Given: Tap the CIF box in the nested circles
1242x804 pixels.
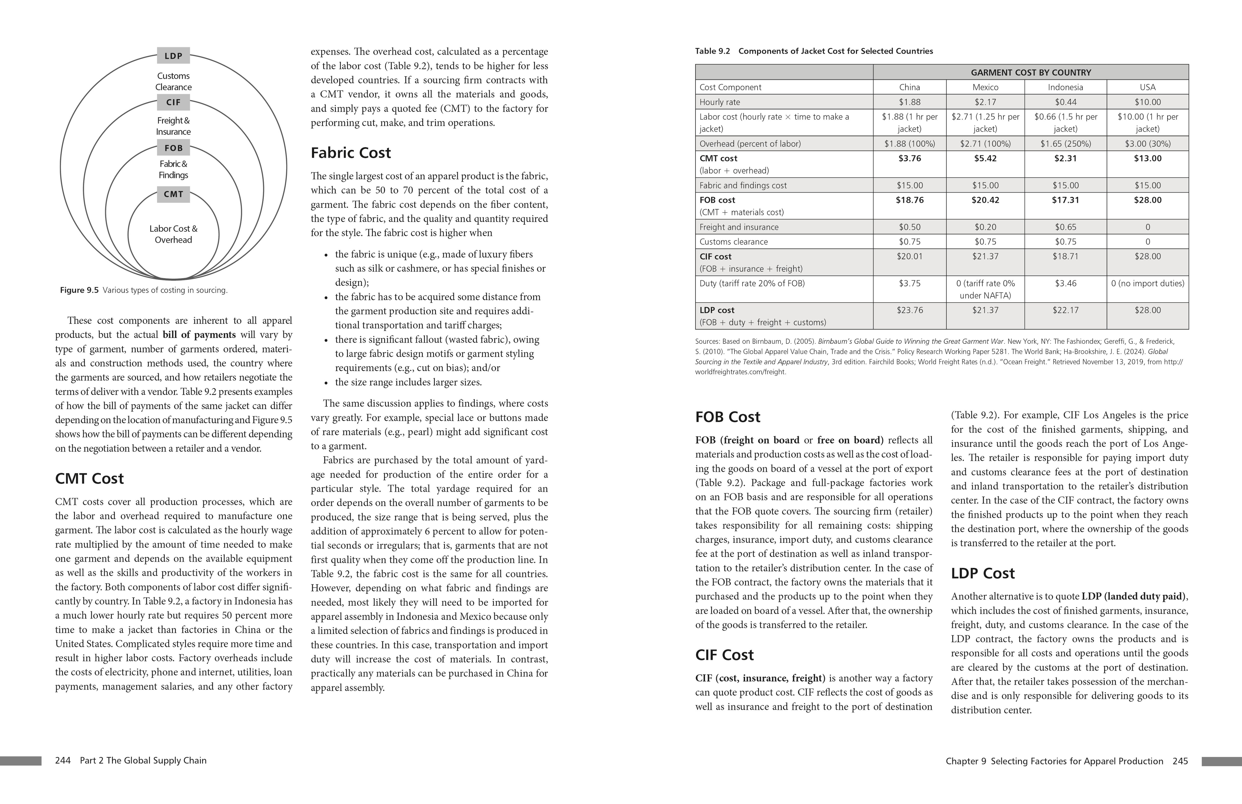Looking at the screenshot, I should (x=173, y=102).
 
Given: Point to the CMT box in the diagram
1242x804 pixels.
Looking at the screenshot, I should (x=173, y=194).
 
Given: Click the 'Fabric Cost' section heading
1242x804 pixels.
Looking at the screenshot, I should (x=351, y=153).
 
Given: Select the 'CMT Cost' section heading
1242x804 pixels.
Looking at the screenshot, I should (x=89, y=479).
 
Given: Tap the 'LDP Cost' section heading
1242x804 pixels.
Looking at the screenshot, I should (x=983, y=573).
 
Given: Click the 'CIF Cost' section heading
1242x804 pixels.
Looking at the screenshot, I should (x=724, y=655).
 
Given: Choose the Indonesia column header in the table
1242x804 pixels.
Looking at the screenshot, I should (x=1065, y=87).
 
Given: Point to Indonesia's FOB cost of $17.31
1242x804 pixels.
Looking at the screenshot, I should (x=1065, y=200).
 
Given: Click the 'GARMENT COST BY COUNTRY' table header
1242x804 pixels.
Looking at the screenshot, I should (x=1031, y=73).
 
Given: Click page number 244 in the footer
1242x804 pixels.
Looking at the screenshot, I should (x=63, y=761).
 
